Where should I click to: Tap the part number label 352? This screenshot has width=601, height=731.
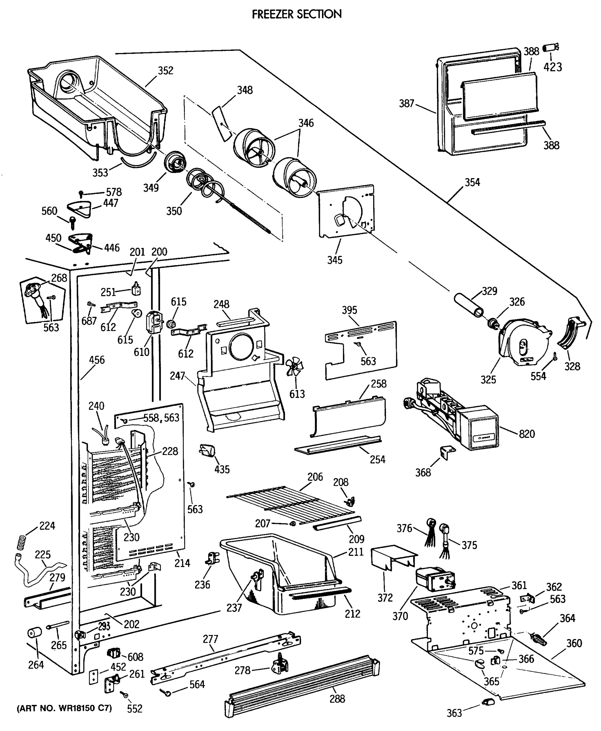coord(166,71)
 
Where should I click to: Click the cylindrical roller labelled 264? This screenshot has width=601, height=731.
coord(34,633)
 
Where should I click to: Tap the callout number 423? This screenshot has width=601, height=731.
coord(553,67)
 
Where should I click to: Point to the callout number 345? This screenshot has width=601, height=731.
coord(335,260)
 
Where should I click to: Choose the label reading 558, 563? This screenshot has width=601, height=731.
coord(161,418)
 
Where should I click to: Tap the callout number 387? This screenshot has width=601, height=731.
coord(406,103)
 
